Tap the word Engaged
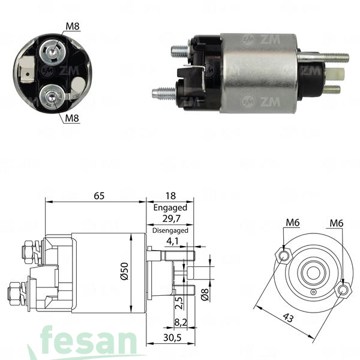[170, 208]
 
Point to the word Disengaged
[170, 230]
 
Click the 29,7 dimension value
[170, 219]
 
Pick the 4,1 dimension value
[173, 242]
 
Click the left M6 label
[292, 224]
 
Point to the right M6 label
[337, 224]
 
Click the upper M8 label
[72, 25]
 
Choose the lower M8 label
[72, 118]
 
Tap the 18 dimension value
[170, 196]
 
